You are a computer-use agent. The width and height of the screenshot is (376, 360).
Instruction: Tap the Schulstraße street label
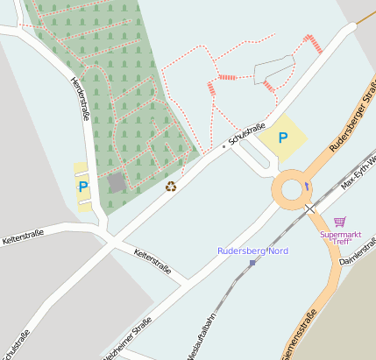[x=246, y=134]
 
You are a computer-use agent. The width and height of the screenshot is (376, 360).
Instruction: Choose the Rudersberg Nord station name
[x=252, y=251]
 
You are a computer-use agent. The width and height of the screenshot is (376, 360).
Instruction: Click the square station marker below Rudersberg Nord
[x=252, y=263]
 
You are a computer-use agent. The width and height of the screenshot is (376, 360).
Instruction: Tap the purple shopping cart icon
[x=339, y=222]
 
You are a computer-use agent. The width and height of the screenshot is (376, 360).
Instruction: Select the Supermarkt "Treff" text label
[x=339, y=237]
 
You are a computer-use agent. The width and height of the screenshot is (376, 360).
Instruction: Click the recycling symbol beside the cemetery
[x=171, y=186]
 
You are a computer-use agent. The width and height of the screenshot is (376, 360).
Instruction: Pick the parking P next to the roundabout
[x=282, y=138]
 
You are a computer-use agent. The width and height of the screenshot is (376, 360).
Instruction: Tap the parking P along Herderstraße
[x=83, y=187]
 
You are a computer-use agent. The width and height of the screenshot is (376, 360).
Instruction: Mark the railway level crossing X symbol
[x=309, y=208]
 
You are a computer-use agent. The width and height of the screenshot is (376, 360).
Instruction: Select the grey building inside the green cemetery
[x=117, y=182]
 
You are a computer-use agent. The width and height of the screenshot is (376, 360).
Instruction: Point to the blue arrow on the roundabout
[x=306, y=186]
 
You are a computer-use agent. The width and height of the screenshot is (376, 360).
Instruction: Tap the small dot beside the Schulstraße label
[x=223, y=147]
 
